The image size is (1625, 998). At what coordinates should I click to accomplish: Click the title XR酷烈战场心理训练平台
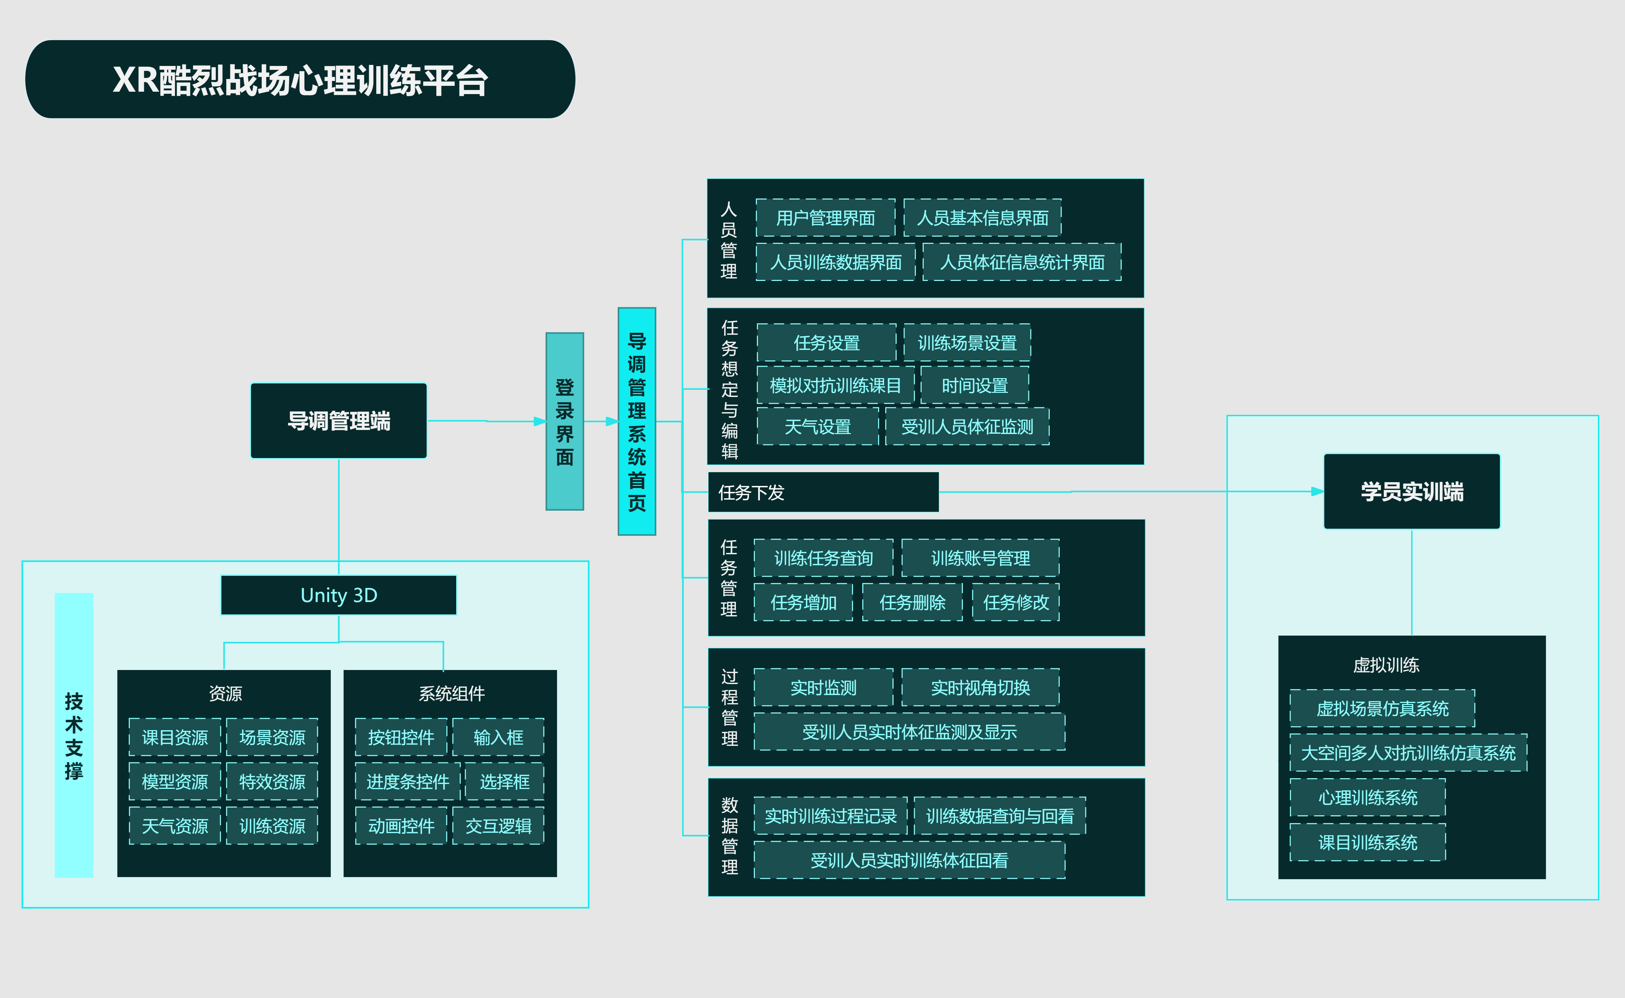point(300,80)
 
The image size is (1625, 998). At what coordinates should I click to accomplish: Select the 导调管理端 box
point(338,420)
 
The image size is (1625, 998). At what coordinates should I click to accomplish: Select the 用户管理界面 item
point(825,218)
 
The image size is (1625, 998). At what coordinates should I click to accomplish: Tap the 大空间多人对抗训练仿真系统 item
point(1408,752)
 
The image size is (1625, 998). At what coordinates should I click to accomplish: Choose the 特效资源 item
point(272,782)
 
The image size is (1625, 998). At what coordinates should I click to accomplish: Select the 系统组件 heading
point(451,693)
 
